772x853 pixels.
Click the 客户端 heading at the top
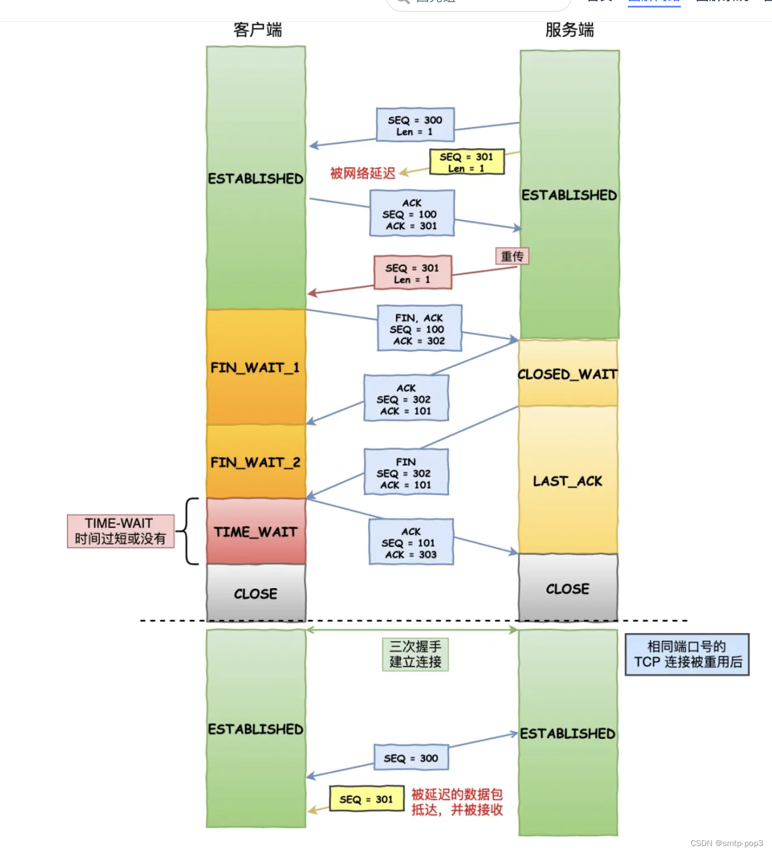coord(257,30)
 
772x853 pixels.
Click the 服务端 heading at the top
coord(569,30)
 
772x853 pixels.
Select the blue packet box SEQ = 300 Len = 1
coord(415,125)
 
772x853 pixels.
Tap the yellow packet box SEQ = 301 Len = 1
coord(467,162)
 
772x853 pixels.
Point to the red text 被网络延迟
coord(362,173)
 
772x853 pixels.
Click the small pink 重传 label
coord(512,256)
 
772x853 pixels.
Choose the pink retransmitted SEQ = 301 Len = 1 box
coord(413,274)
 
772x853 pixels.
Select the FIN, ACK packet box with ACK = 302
coord(419,329)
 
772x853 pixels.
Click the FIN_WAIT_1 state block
coord(256,368)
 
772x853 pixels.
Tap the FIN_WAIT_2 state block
coord(256,462)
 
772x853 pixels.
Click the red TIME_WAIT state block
coord(256,532)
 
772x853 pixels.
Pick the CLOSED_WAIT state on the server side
coord(568,374)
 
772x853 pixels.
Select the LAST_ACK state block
coord(568,481)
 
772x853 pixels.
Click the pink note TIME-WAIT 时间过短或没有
coord(120,531)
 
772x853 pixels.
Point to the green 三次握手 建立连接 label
coord(415,654)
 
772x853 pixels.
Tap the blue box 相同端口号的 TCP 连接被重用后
coord(687,654)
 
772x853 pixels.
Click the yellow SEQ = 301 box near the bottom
coord(366,799)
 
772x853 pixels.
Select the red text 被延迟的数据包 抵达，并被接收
coord(457,802)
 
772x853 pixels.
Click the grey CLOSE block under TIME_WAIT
coord(256,593)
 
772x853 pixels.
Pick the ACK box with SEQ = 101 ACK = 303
coord(411,543)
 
